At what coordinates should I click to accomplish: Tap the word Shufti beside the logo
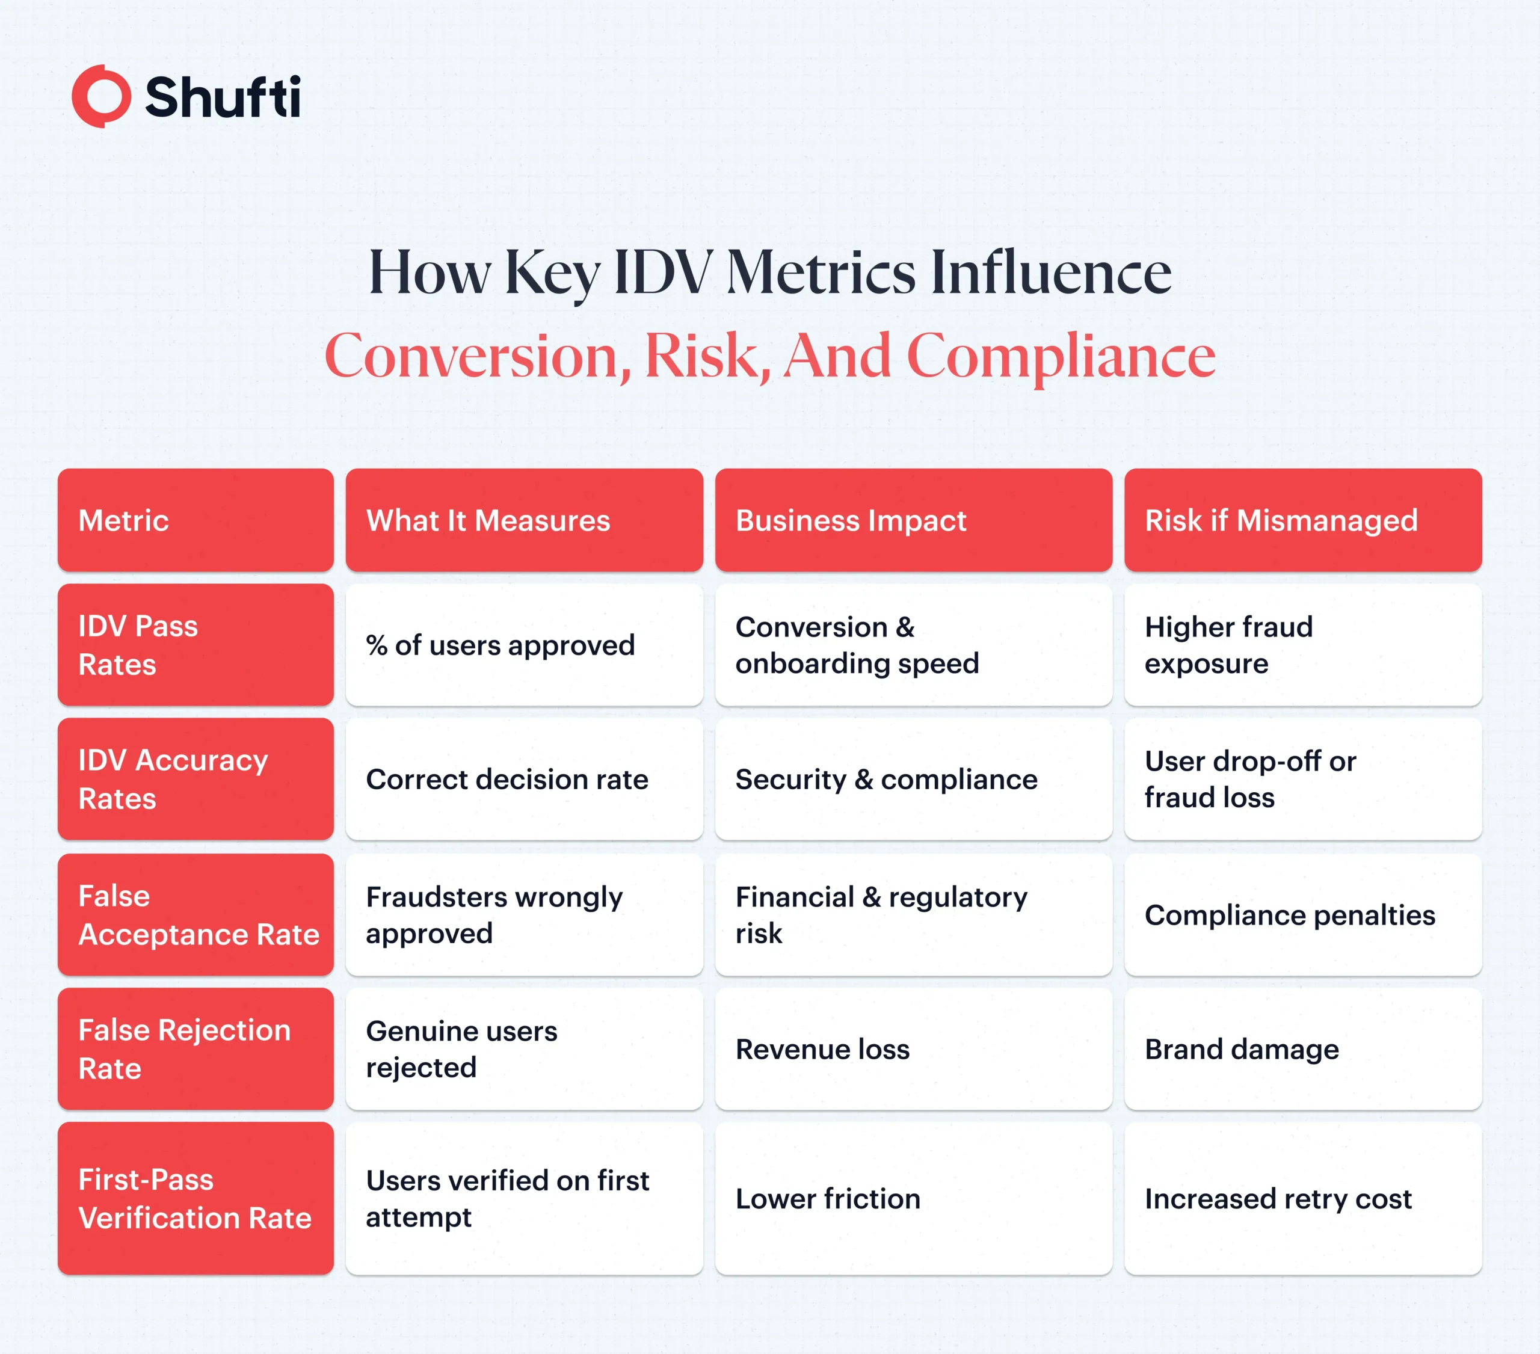223,97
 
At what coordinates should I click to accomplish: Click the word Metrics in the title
821,272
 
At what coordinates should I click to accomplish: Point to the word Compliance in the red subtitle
1061,357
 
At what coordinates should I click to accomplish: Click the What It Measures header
525,520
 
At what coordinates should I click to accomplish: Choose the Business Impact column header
913,520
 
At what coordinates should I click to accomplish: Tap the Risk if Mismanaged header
1302,520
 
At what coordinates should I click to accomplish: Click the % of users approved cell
525,645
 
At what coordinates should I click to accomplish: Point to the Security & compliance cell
913,779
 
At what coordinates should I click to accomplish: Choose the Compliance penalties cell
1302,915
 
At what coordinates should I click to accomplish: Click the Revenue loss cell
913,1049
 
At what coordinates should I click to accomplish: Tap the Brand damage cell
1302,1049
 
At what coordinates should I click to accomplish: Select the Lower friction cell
913,1198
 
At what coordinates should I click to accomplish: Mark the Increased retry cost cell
1302,1198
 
